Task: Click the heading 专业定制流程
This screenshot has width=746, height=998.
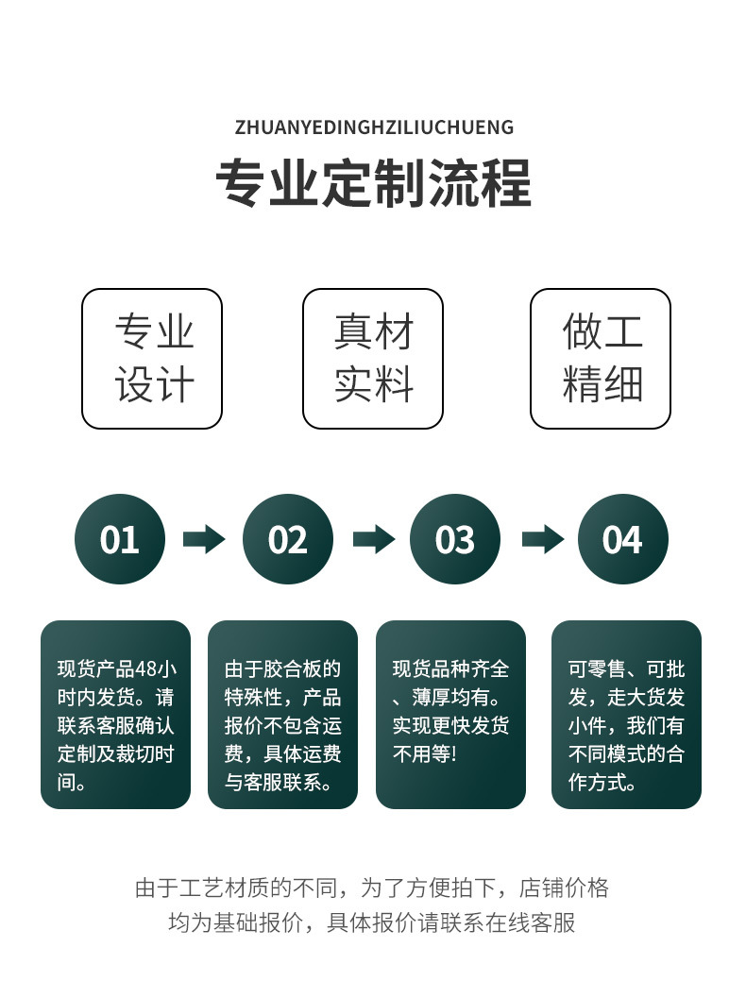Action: pos(373,182)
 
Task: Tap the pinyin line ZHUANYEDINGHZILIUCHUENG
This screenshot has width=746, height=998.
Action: pos(373,127)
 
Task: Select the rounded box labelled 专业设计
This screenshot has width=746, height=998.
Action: pos(152,359)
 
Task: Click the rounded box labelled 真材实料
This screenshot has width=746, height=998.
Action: pos(373,359)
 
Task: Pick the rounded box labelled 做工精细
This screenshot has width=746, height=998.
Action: pos(601,359)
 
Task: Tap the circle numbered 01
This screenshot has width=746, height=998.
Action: pos(120,539)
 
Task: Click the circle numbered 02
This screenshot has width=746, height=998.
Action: pos(288,539)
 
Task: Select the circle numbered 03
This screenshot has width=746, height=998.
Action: pos(455,539)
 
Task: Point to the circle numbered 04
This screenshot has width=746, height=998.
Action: pos(623,539)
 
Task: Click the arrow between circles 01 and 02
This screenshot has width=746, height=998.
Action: pos(204,539)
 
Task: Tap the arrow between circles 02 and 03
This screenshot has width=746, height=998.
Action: pos(373,539)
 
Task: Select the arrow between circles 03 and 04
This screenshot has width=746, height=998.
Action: pos(542,539)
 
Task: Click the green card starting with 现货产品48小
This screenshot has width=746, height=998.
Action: pos(115,714)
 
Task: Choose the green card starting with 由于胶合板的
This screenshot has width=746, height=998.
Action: pos(282,714)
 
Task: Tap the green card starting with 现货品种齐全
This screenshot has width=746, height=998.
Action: pos(450,714)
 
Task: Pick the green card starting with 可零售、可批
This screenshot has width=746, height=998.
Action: pos(626,714)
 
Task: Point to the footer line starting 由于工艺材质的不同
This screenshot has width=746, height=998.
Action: pos(373,888)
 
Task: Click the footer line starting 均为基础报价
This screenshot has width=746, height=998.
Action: pos(373,922)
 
